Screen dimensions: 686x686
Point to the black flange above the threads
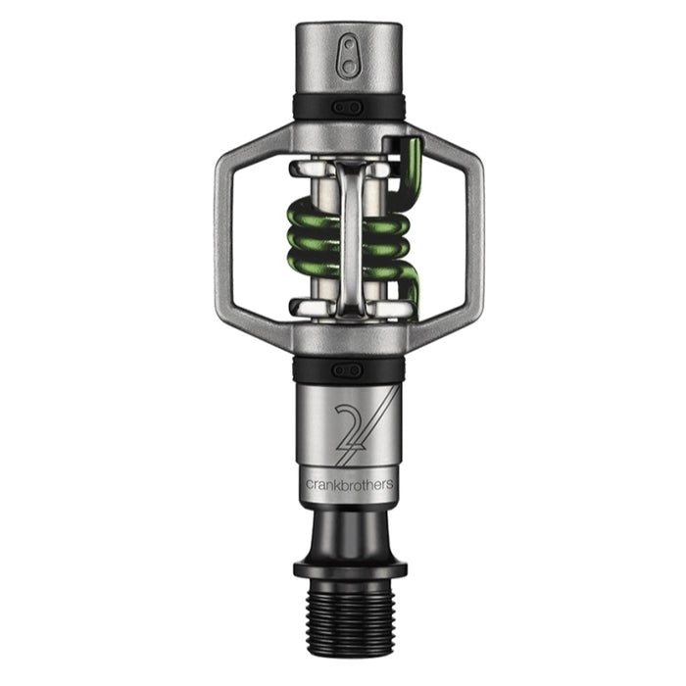(349, 567)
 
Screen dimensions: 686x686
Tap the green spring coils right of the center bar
(386, 245)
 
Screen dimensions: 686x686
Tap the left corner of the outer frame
(220, 235)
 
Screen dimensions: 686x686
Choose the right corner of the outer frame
(478, 235)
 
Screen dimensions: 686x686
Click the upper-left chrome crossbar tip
(302, 170)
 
